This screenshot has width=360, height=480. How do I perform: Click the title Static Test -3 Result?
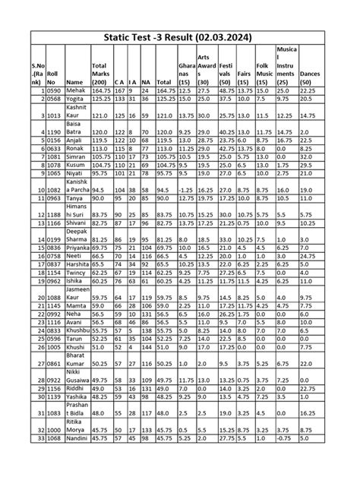(x=179, y=36)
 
